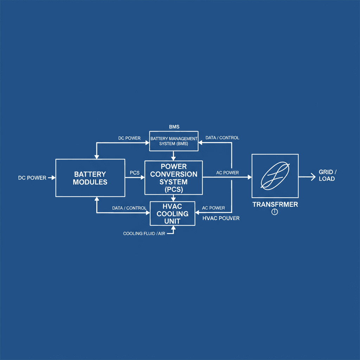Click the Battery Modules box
[90, 178]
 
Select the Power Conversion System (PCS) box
[174, 178]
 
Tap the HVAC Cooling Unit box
[172, 213]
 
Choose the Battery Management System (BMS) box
[174, 141]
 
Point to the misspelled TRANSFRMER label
[275, 205]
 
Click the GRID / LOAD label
[328, 175]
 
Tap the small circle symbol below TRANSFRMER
[275, 212]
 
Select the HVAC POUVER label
[221, 218]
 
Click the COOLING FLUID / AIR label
[143, 233]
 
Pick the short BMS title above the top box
[174, 127]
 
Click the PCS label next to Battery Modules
[135, 173]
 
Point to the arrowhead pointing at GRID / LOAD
[313, 177]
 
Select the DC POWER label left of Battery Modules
[32, 178]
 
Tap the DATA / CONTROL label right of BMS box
[222, 137]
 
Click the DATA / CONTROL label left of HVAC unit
[129, 208]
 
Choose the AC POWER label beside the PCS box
[227, 173]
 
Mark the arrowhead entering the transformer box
[249, 177]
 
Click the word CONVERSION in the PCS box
[174, 174]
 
